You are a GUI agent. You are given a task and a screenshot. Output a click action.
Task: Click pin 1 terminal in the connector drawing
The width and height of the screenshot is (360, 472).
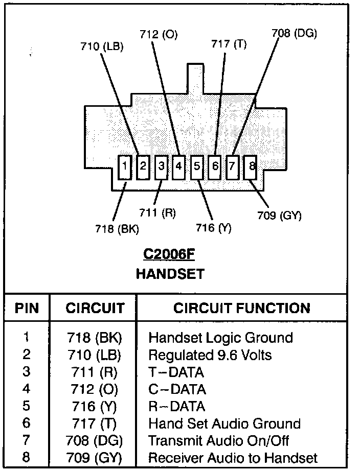tap(125, 167)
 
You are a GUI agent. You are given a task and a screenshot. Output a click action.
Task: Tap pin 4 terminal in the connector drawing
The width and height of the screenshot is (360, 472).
tap(178, 167)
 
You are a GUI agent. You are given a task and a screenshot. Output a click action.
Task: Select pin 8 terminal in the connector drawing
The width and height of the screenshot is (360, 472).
tap(251, 167)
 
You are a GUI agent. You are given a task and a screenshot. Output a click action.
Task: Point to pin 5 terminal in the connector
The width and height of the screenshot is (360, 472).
tap(197, 167)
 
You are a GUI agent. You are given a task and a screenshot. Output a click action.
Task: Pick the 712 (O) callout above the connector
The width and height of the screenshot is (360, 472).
tap(159, 35)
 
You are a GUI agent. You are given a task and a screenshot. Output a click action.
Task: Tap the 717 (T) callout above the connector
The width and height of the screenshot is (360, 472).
tap(229, 44)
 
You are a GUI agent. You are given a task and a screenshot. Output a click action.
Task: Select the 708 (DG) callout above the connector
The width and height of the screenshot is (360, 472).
tap(294, 34)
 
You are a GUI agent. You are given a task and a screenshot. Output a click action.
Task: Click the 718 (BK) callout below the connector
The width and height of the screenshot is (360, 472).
tap(117, 229)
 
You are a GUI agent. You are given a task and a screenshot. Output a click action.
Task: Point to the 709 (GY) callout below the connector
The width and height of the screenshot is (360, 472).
tap(279, 216)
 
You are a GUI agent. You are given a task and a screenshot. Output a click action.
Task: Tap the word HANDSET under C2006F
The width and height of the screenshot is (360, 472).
tap(169, 274)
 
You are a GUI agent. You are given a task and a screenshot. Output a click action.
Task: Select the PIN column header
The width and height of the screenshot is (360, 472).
tap(27, 308)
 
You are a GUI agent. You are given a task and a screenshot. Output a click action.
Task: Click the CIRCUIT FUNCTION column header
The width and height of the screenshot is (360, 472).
tap(241, 308)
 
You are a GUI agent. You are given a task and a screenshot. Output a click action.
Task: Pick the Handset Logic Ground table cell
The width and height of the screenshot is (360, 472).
tap(220, 338)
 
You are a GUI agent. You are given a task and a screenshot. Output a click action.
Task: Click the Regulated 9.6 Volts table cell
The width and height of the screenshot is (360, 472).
tap(210, 355)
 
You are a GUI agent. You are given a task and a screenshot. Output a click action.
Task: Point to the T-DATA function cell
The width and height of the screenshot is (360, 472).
tap(175, 372)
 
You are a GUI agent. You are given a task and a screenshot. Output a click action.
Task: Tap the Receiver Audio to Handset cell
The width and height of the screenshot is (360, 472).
tap(233, 457)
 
